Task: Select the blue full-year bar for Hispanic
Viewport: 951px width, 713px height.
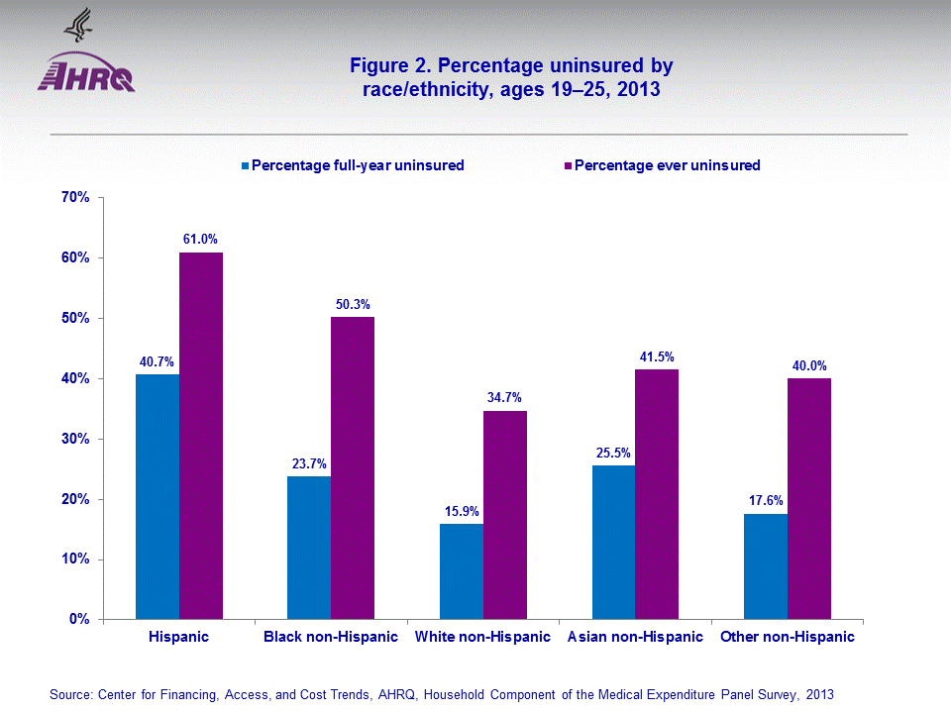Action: tap(158, 496)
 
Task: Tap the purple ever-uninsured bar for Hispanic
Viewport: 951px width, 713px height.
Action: tap(201, 436)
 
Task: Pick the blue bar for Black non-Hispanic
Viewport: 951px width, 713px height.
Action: tap(309, 548)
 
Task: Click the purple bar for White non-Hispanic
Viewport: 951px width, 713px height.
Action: tap(505, 515)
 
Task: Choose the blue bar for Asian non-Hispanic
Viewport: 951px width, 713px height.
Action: tap(613, 543)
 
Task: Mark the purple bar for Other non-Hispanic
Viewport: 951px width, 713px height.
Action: tap(809, 498)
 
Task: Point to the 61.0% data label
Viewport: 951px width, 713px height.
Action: tap(200, 239)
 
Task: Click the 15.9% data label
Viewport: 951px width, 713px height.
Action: tap(462, 511)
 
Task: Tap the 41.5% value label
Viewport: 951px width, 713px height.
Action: tap(657, 356)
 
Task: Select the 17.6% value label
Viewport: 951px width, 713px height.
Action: tap(766, 500)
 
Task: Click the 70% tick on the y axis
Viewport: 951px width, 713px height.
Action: tap(76, 197)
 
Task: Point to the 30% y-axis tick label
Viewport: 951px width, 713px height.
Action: tap(76, 439)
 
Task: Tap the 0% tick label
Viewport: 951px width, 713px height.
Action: tap(80, 620)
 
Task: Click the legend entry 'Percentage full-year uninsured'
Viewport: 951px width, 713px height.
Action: tap(358, 165)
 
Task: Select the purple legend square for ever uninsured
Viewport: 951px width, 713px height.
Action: tap(568, 165)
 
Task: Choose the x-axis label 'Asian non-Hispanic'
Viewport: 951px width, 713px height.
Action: tap(635, 637)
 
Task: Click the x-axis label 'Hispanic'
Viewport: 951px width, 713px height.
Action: tap(178, 637)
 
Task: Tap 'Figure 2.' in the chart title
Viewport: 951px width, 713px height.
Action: tap(390, 66)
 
